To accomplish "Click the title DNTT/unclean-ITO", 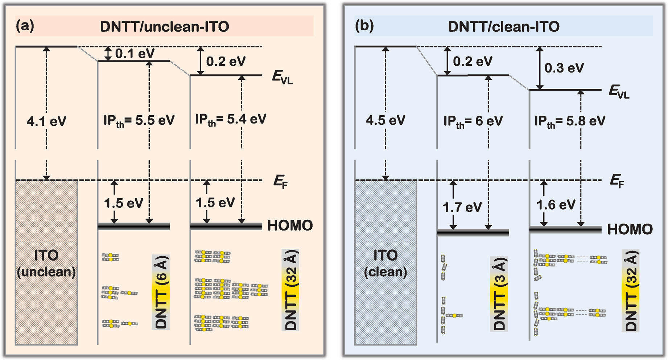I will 165,27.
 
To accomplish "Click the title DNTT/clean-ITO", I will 503,27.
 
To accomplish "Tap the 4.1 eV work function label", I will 46,121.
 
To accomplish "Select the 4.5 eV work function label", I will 385,120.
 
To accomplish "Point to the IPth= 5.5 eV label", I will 139,121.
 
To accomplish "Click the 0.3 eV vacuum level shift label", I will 564,68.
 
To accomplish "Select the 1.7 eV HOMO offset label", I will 462,207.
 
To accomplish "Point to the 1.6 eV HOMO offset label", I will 556,205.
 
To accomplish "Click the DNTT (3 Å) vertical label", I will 499,294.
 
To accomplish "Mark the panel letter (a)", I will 25,26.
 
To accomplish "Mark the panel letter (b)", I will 364,26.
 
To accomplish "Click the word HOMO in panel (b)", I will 630,229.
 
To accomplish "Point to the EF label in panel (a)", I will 280,182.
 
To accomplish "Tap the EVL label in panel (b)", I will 619,91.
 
